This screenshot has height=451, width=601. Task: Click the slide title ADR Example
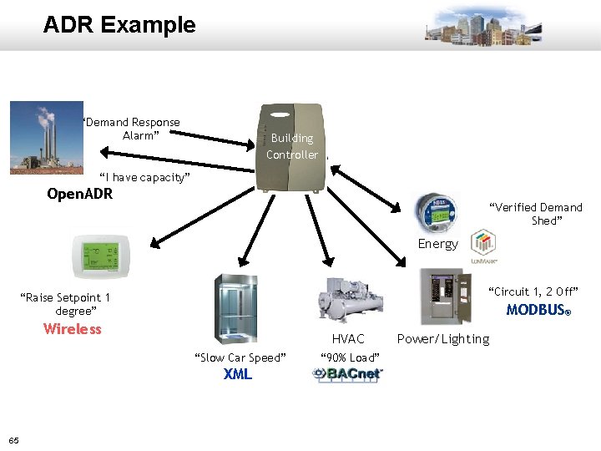point(119,25)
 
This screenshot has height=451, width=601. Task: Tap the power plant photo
point(47,138)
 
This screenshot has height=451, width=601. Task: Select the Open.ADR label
point(79,195)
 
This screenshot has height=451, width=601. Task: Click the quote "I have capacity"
point(144,177)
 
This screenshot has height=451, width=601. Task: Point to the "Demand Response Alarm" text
point(131,129)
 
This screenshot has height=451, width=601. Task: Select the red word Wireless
point(73,329)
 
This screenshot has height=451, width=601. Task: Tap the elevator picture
point(236,308)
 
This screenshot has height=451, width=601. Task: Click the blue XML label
point(238,374)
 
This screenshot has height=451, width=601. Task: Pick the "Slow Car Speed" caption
point(240,357)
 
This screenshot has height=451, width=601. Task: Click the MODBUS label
point(538,310)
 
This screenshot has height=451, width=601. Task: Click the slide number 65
point(14,440)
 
